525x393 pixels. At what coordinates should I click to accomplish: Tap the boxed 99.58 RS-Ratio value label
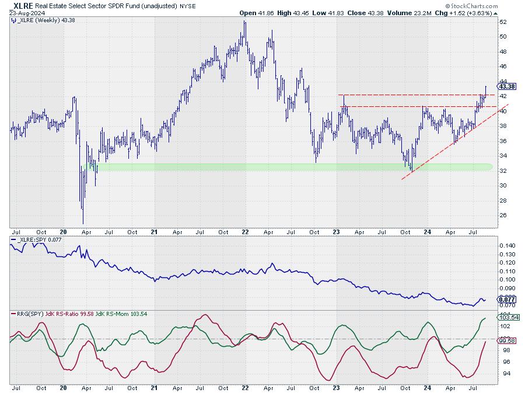[x=504, y=340]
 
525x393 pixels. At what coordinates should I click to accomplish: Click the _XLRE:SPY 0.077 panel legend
[x=36, y=240]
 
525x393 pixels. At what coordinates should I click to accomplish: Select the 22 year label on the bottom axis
[x=246, y=387]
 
